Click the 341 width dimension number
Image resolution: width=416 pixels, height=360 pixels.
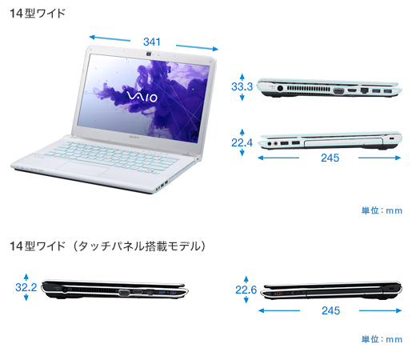tap(152, 42)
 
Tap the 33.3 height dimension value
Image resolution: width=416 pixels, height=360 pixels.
tap(242, 86)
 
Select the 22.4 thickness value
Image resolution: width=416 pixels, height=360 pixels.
tap(242, 142)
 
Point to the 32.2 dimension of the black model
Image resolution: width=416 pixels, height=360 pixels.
tap(26, 287)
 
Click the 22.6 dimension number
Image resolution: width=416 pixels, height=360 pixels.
tap(246, 290)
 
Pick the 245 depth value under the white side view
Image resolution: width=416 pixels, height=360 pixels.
tap(330, 158)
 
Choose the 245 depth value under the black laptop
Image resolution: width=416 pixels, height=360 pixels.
tap(330, 310)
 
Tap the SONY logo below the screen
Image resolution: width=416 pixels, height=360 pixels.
tap(134, 137)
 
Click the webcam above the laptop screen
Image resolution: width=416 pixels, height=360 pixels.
tap(149, 54)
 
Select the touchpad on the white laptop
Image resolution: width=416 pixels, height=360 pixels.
tap(82, 169)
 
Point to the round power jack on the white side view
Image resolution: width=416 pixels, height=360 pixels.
tap(280, 88)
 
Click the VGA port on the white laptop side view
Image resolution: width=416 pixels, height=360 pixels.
tap(338, 91)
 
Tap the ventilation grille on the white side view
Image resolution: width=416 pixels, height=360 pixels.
tap(309, 88)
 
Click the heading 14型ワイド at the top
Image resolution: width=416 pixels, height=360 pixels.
tap(38, 13)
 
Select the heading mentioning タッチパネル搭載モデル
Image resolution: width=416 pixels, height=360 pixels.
tap(108, 246)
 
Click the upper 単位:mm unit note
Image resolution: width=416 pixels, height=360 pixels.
tap(382, 210)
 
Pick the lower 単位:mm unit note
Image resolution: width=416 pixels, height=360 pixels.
tap(382, 339)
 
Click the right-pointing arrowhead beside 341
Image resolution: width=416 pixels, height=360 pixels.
tap(215, 49)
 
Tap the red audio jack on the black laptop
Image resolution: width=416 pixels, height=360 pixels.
tap(278, 294)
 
